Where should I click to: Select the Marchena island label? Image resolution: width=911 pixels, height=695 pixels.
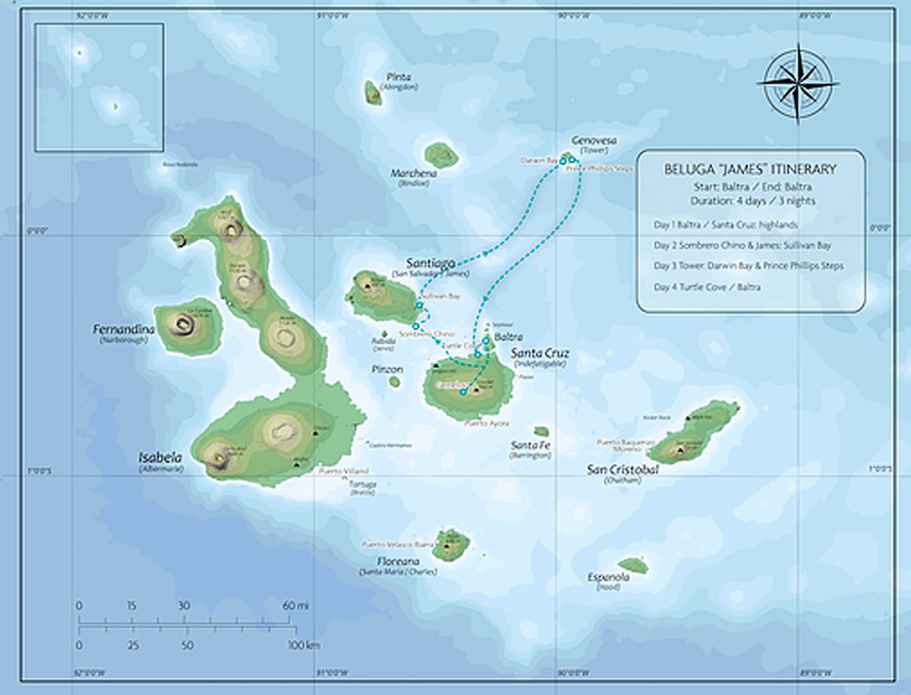(415, 174)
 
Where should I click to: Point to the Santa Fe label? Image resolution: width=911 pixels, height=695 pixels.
(530, 445)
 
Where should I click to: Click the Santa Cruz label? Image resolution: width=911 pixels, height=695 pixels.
(539, 354)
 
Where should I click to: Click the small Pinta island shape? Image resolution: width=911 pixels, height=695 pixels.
(373, 91)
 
